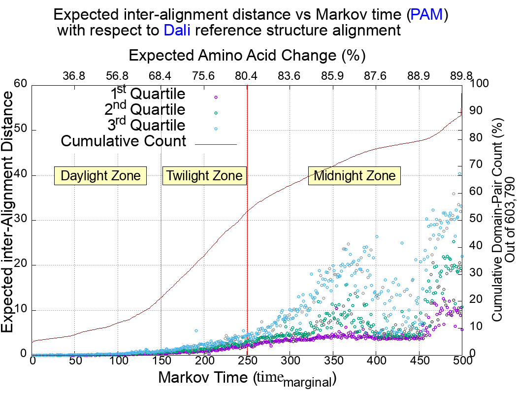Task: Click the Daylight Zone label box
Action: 100,176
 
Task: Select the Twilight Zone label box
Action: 204,176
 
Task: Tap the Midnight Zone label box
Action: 355,176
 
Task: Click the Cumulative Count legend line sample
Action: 216,144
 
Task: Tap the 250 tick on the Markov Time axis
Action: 247,361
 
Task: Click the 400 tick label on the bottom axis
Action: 376,361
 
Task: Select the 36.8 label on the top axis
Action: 74,76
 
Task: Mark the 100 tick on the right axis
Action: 480,84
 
